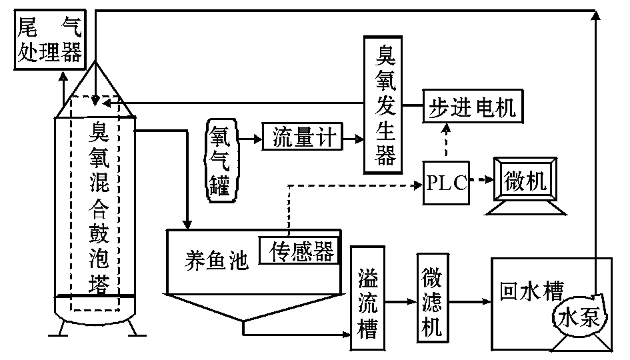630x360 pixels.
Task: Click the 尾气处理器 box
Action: (x=49, y=41)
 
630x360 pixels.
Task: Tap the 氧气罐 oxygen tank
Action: (x=220, y=158)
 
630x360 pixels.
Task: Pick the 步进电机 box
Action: (x=471, y=106)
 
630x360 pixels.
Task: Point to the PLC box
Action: (x=446, y=181)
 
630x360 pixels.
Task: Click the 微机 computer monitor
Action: (x=525, y=181)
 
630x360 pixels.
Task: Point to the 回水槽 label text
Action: (x=531, y=292)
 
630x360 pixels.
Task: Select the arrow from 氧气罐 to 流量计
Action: (x=249, y=139)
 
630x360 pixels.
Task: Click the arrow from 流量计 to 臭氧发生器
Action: (x=353, y=139)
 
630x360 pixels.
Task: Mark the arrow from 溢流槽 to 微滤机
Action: (x=401, y=302)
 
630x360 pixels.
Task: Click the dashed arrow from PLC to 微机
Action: (x=479, y=181)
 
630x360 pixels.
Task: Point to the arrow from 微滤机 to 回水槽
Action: (x=468, y=302)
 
